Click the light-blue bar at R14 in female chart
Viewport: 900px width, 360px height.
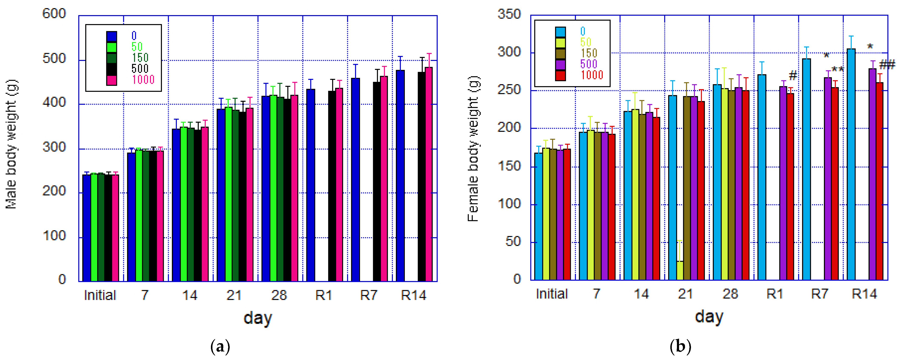coord(851,164)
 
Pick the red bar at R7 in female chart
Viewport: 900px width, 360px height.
coord(835,184)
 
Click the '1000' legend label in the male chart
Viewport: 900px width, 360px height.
coord(143,80)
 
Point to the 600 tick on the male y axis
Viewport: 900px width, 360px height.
coord(54,14)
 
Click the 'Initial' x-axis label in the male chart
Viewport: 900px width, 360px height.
coord(100,295)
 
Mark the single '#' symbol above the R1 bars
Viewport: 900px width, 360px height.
coord(793,75)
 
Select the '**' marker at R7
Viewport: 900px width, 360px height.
coord(837,69)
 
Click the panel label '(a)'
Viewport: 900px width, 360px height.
coord(221,347)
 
